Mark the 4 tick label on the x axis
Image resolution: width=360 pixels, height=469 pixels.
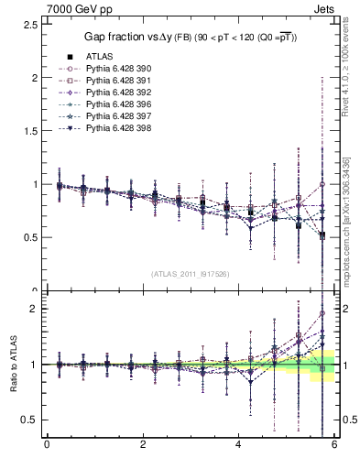239,446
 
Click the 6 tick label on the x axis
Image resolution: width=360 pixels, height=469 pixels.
335,446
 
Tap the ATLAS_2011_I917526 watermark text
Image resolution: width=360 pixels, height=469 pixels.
189,274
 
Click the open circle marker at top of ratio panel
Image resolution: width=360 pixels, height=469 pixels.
322,313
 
